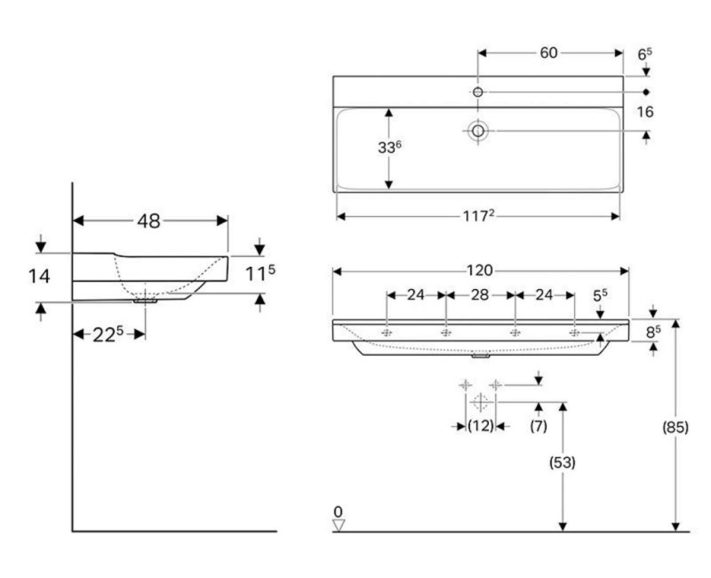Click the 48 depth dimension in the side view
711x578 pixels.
tap(148, 221)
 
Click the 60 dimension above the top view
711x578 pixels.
tap(548, 53)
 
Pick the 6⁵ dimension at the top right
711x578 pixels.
tap(645, 54)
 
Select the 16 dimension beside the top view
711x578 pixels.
tap(645, 112)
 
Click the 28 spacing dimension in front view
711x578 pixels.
tap(481, 294)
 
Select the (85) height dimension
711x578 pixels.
tap(675, 427)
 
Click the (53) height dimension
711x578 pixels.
tap(563, 462)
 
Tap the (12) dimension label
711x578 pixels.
tap(481, 427)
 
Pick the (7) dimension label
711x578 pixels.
tap(539, 427)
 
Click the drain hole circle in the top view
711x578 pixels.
tap(478, 131)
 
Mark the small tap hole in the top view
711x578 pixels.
tap(477, 92)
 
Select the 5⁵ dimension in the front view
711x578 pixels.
tap(601, 294)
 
